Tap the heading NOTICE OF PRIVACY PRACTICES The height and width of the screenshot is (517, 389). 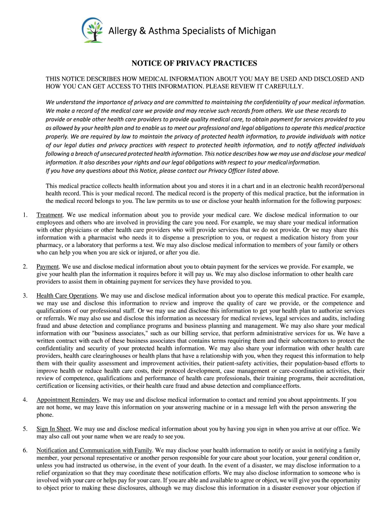[194, 63]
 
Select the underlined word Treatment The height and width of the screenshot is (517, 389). [50, 215]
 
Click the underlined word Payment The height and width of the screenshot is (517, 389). [48, 266]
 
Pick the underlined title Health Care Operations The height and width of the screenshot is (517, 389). [67, 295]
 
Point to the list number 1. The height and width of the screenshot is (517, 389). [25, 215]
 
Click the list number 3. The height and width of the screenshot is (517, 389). [25, 295]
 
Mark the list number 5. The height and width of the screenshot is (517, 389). [25, 429]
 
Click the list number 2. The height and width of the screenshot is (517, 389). [25, 266]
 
